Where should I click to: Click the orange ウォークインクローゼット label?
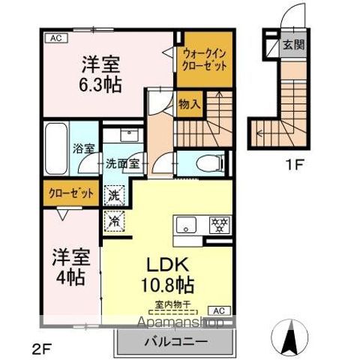click(202, 58)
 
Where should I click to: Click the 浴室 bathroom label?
click(82, 148)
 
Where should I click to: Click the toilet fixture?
click(208, 163)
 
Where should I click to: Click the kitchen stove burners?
click(220, 225)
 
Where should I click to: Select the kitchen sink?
click(186, 225)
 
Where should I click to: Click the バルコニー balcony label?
click(172, 342)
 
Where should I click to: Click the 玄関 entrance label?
click(292, 45)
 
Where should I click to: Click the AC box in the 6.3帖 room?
click(55, 35)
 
